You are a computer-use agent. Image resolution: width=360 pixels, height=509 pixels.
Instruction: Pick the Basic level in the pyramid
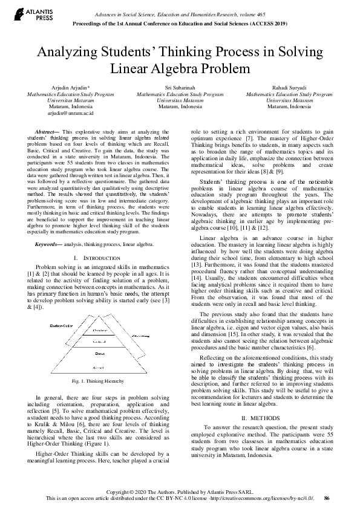pyautogui.click(x=100, y=353)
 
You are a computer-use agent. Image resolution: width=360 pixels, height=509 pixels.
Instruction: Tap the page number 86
pyautogui.click(x=327, y=498)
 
